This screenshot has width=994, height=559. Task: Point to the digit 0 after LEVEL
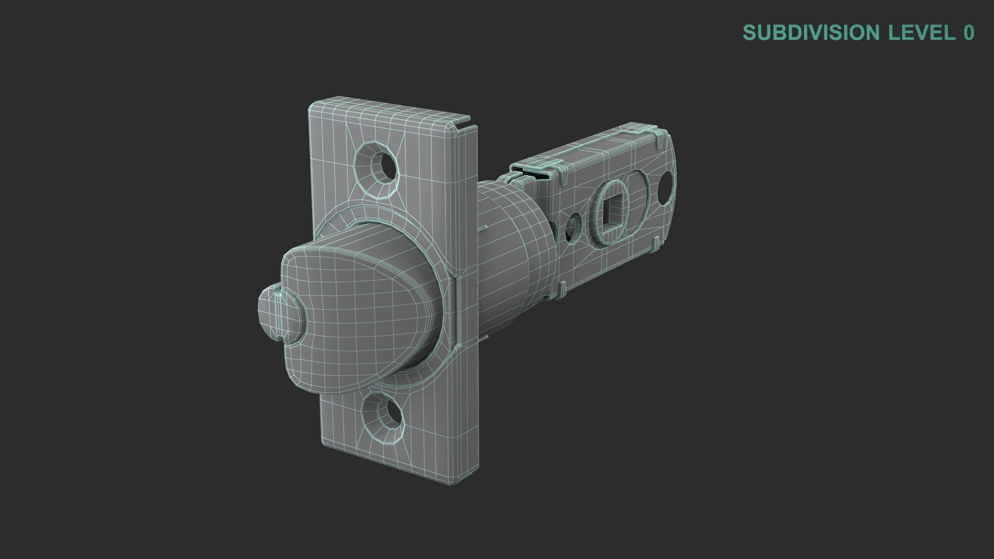pos(968,33)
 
